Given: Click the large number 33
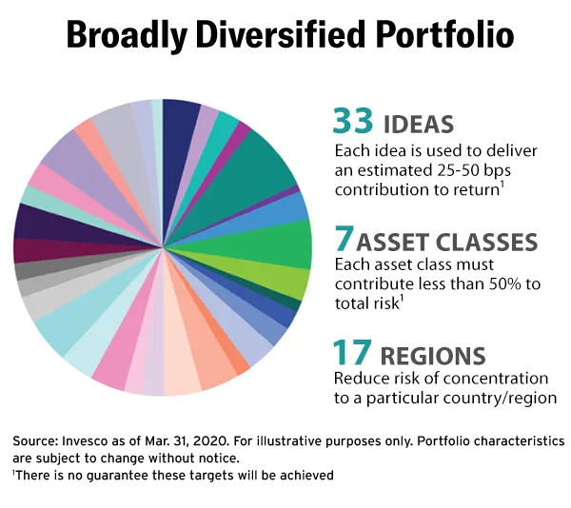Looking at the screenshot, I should [353, 122].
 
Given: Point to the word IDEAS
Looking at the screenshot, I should [418, 125].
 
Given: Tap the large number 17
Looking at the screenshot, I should [352, 354].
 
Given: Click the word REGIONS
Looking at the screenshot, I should [436, 357].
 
